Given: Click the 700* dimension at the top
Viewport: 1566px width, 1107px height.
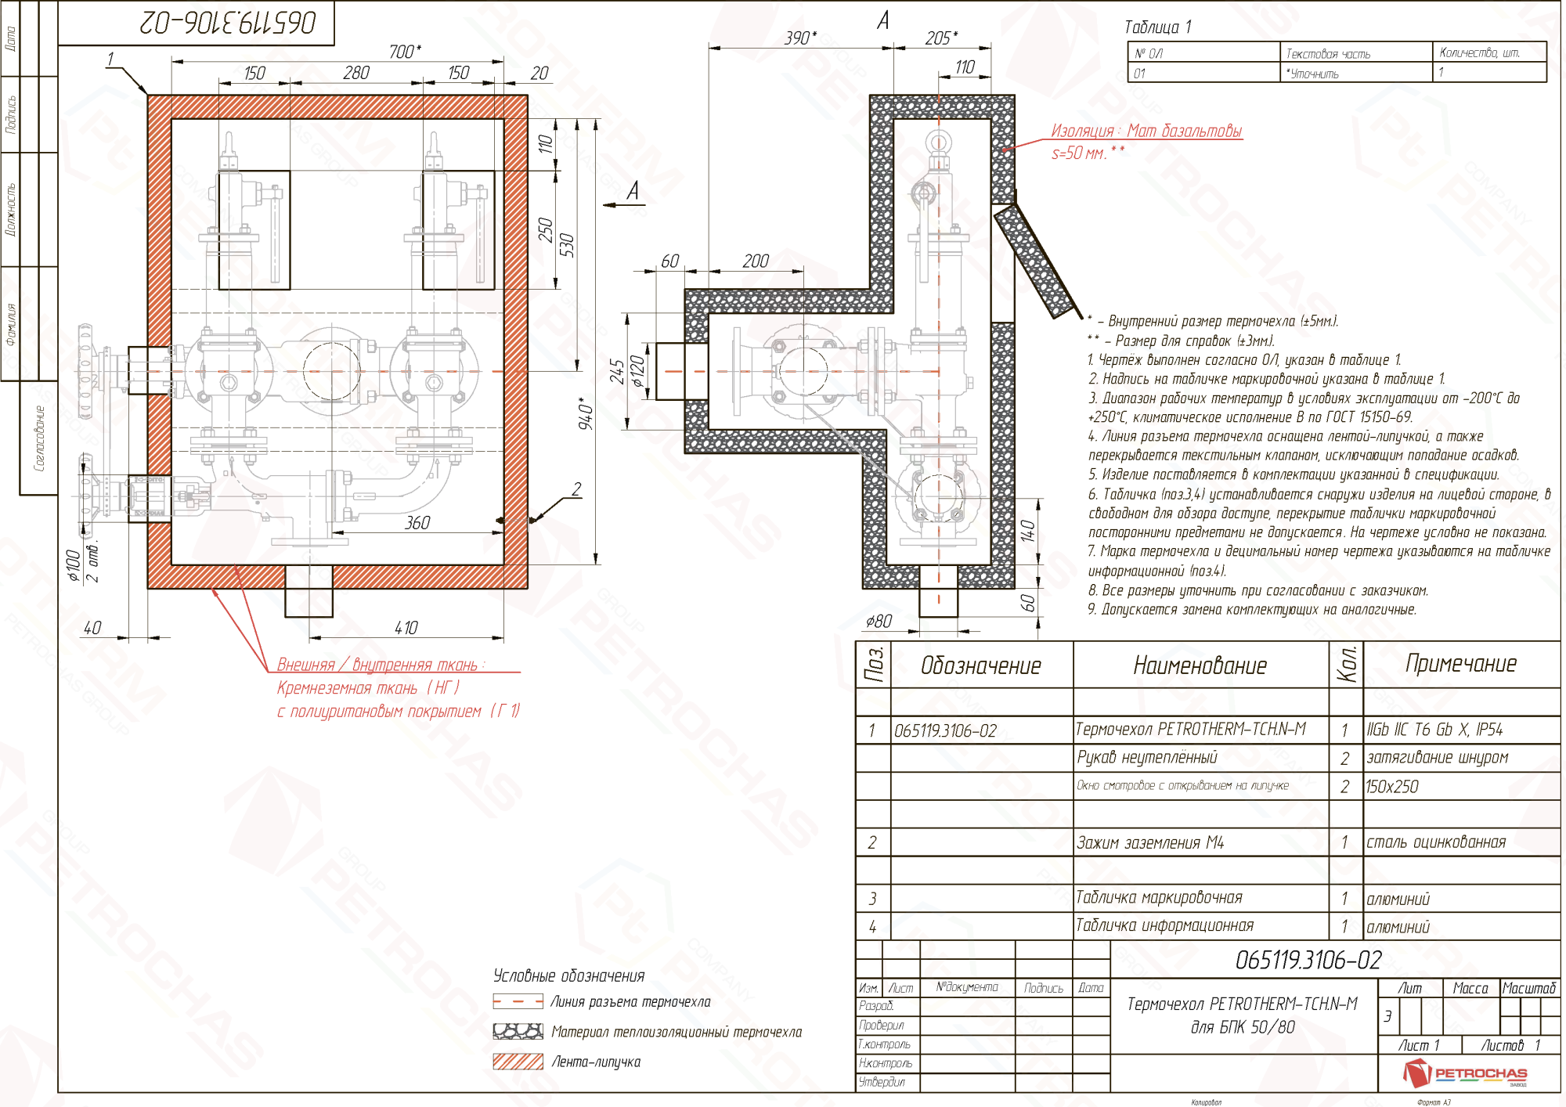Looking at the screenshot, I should click(405, 52).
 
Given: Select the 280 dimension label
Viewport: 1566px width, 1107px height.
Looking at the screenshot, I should click(356, 73).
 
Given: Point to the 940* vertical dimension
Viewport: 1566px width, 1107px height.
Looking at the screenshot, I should click(586, 413).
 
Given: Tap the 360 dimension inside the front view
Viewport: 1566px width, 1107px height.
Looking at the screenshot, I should click(417, 523).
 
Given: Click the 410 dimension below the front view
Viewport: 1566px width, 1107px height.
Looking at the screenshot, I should click(406, 628).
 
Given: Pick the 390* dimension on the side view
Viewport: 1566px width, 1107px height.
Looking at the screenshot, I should click(800, 38).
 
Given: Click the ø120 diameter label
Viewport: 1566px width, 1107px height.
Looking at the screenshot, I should click(639, 371).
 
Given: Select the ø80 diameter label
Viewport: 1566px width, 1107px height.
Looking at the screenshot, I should click(879, 622).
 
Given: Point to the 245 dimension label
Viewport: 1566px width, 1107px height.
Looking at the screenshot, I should click(618, 372).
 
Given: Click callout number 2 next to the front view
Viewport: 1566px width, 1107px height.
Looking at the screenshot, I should click(576, 490).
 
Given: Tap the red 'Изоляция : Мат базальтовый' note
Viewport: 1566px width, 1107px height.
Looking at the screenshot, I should click(1146, 132).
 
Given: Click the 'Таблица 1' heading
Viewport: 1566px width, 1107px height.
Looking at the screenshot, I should click(1157, 27).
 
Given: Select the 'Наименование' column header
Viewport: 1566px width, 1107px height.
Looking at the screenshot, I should click(1200, 666).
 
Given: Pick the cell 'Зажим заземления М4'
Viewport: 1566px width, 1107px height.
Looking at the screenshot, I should click(1149, 843).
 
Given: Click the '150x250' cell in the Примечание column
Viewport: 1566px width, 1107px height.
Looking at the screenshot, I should click(1392, 787).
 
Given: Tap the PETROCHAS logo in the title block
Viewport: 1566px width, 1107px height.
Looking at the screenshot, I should click(1464, 1073).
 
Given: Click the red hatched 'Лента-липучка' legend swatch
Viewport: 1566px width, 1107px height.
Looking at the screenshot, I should click(518, 1062).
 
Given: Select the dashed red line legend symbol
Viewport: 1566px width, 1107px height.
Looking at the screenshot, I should click(518, 1001).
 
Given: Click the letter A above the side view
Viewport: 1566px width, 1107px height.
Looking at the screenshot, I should click(883, 20).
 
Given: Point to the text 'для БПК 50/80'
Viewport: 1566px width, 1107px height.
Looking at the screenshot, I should click(1243, 1027).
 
